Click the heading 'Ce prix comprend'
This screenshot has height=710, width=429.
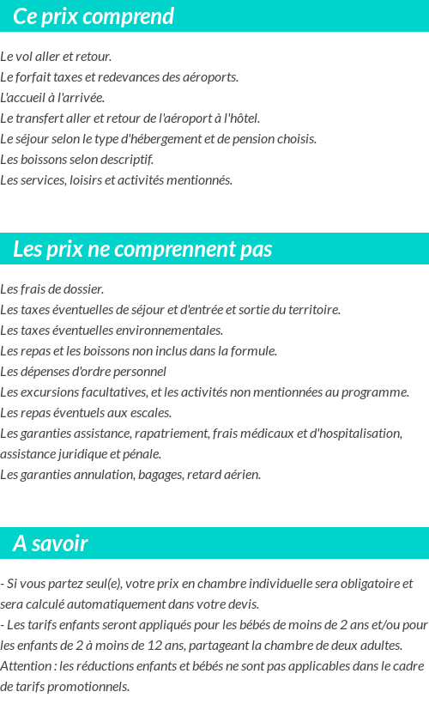click(x=94, y=16)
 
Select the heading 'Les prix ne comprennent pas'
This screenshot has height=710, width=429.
click(x=142, y=249)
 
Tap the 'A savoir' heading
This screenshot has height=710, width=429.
click(x=51, y=543)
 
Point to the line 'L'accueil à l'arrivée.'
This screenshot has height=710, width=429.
click(x=52, y=98)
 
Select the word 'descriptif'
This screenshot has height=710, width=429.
click(x=126, y=160)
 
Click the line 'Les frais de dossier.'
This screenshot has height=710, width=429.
click(x=52, y=289)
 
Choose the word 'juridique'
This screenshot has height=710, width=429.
click(x=84, y=454)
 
